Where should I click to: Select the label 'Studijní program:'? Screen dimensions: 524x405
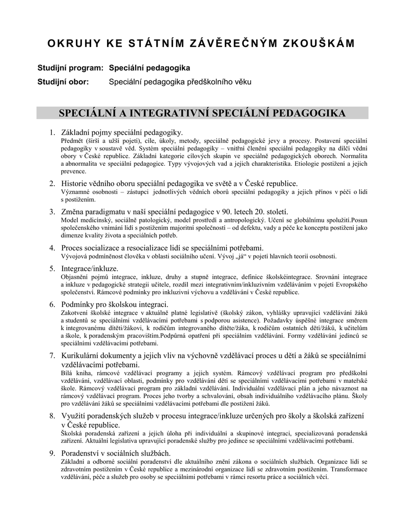pos(71,68)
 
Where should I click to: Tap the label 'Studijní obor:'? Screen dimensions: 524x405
pos(63,82)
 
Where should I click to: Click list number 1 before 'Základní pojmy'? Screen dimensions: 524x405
pos(52,133)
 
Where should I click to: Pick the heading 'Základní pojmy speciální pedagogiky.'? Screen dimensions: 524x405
pos(122,133)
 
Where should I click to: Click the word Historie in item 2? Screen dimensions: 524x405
pos(75,183)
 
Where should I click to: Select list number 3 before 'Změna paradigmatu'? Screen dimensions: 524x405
pos(52,212)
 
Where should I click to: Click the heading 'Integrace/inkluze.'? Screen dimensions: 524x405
pos(90,269)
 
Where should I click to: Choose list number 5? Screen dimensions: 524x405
pos(52,269)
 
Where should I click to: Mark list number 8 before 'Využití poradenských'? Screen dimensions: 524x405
pos(52,416)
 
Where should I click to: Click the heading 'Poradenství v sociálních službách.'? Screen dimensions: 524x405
pos(116,453)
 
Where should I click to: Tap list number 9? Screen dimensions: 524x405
pos(52,453)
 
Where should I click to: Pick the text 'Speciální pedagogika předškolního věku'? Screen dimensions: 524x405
pos(180,82)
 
